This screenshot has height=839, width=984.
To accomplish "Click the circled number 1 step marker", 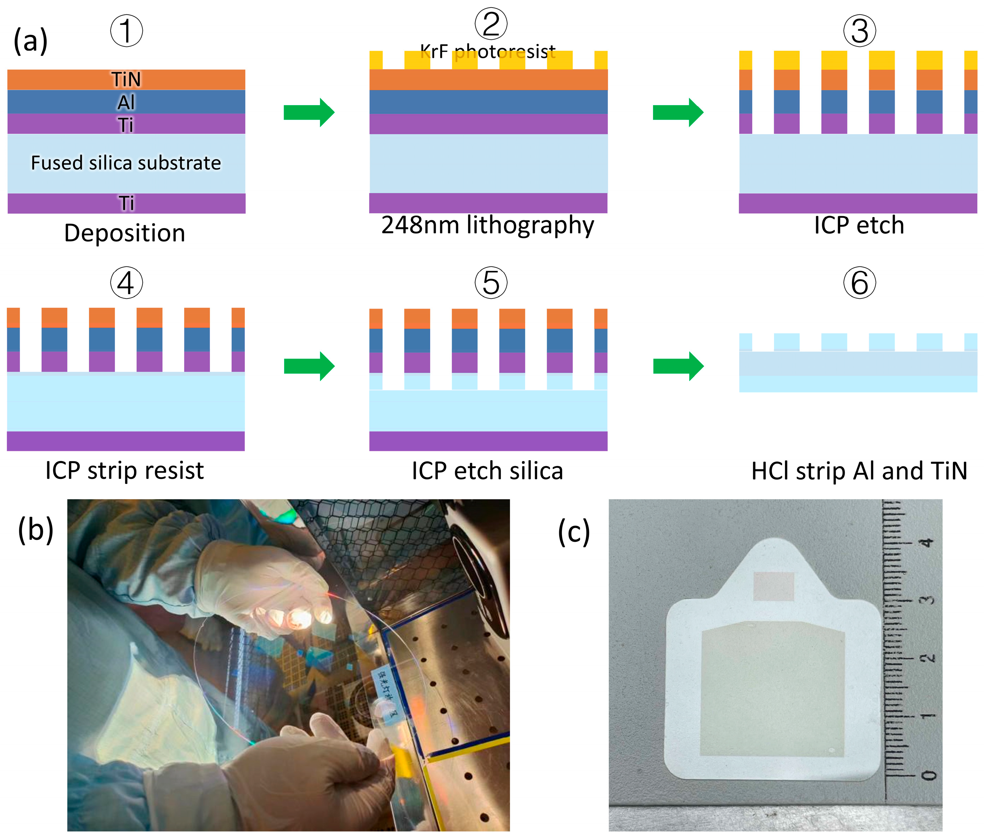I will coord(126,31).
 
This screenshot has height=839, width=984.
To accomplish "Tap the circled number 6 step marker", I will coord(860,283).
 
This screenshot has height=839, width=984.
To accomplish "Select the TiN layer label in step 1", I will coord(126,79).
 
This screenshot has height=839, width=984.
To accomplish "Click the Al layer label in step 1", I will coord(126,102).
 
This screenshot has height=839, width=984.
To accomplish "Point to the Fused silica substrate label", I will coord(126,163).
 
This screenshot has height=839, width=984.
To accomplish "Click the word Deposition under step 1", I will coord(124,233).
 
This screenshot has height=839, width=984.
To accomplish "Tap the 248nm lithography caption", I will coord(488,225).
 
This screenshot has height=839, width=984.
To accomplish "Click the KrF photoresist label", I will coord(488,51).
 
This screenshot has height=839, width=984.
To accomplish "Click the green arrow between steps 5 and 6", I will coord(678,366).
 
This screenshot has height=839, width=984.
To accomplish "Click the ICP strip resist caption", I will coord(124,471).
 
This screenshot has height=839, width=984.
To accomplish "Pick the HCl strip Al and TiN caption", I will coord(859,471).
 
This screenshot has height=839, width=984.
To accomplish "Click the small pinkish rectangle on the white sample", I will coord(774,586).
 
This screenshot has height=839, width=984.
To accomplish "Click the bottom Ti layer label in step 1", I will coord(126,203).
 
